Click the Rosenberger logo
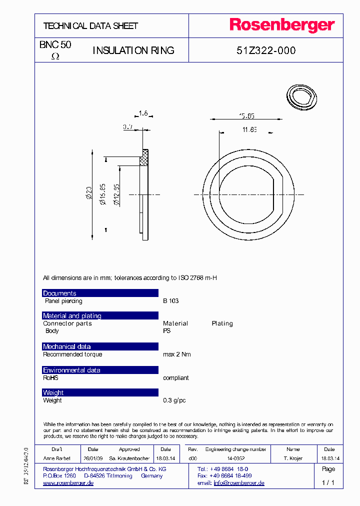(282, 25)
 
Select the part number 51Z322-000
(265, 50)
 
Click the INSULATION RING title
(133, 50)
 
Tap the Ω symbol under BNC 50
(55, 57)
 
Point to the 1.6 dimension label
(143, 113)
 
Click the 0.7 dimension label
(128, 127)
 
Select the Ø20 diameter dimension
(89, 192)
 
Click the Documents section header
(59, 293)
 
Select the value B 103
(170, 301)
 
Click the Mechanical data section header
(66, 346)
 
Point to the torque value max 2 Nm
(177, 354)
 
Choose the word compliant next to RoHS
(176, 378)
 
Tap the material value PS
(166, 331)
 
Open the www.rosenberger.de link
(68, 483)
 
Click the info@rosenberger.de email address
(238, 483)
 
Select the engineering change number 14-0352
(236, 458)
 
